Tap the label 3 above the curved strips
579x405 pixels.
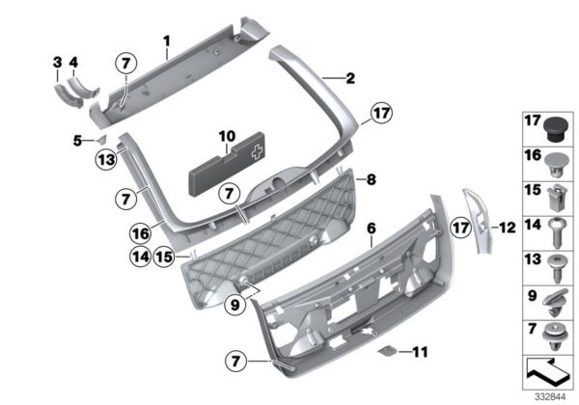pyautogui.click(x=57, y=65)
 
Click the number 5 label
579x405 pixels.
pyautogui.click(x=78, y=141)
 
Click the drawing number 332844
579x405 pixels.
pyautogui.click(x=553, y=394)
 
